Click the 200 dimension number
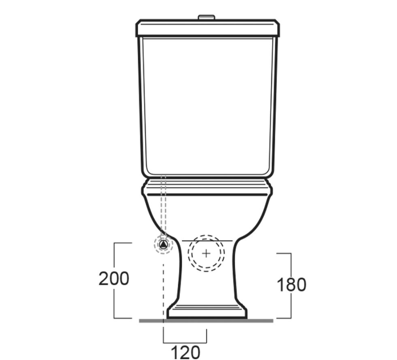pos(114,279)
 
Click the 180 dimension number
pos(291,284)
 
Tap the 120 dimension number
pos(185,352)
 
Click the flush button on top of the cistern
pos(206,17)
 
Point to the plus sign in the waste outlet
pos(206,253)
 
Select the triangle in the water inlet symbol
pos(163,244)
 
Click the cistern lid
pos(208,28)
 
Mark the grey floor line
pos(206,321)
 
